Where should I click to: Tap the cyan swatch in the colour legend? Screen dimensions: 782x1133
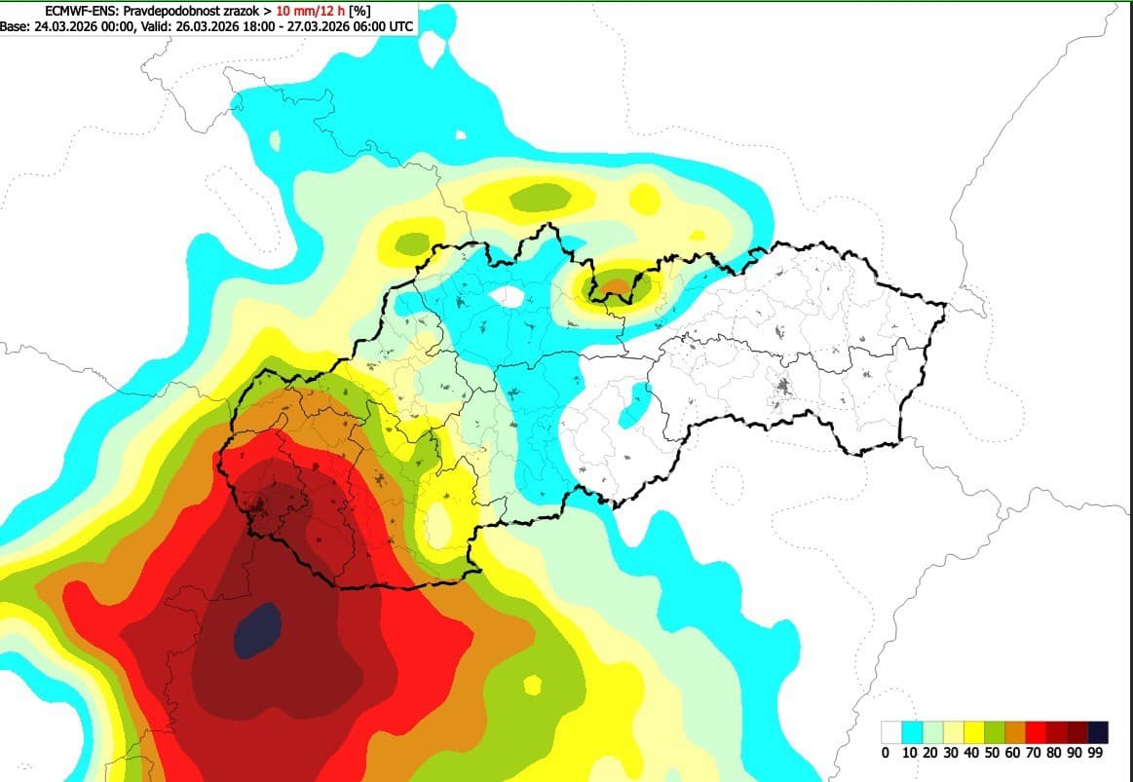click(912, 731)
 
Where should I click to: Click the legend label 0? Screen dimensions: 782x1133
click(885, 753)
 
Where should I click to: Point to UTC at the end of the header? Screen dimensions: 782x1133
click(401, 26)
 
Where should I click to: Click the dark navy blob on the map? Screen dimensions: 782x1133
click(257, 629)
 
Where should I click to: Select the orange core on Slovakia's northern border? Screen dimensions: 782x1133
click(614, 286)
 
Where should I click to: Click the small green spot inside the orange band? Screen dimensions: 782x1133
click(532, 685)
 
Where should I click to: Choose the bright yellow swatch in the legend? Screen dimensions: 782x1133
click(973, 731)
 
